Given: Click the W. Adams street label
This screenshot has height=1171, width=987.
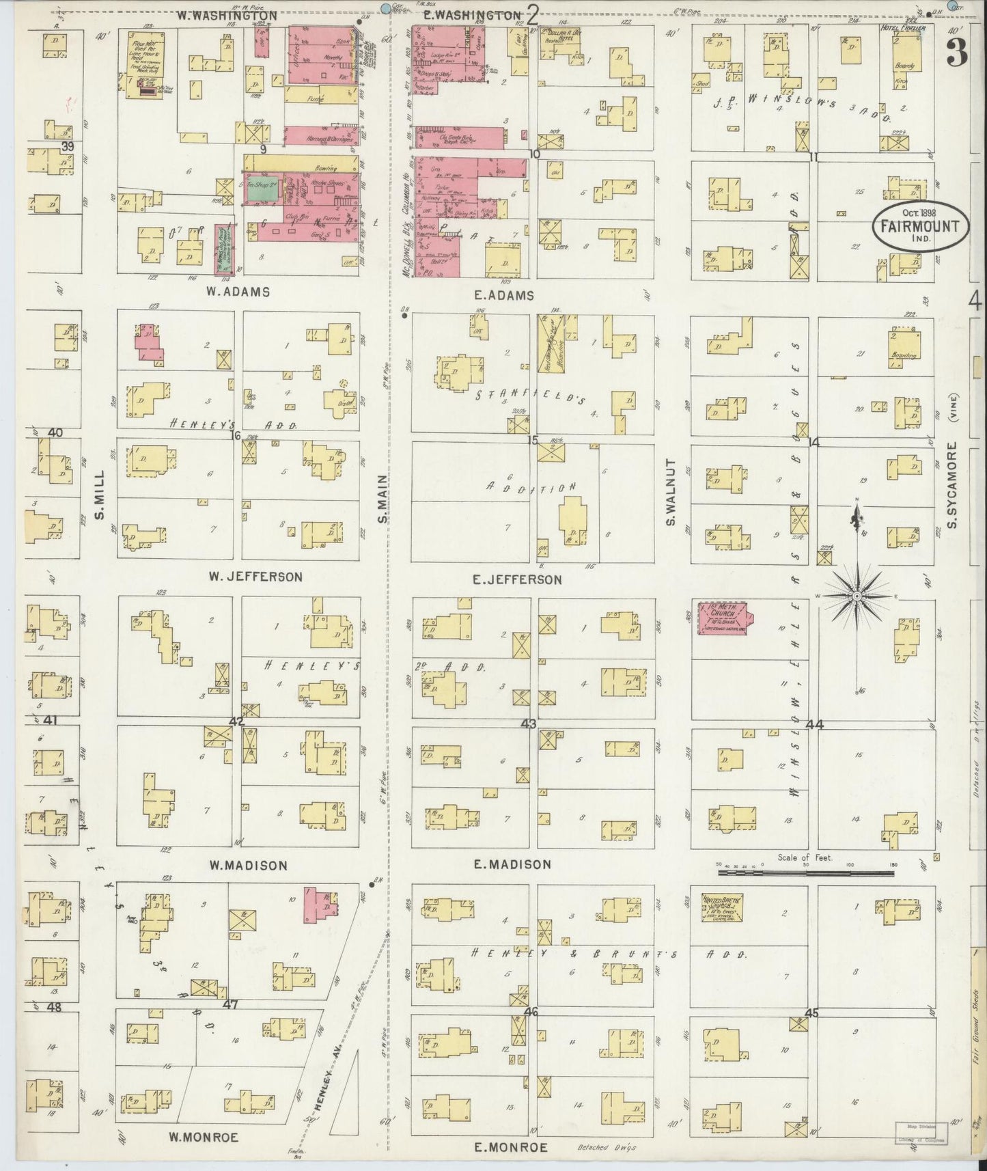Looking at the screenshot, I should point(238,292).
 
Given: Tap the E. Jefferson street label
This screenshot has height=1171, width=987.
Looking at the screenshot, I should point(517,579).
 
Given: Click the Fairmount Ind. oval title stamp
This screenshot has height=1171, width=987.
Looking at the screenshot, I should point(919,226).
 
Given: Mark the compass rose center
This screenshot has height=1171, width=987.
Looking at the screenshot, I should point(857,596).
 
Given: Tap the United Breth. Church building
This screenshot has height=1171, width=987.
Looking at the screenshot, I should point(723,907).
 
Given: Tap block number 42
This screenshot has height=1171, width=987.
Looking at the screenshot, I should point(237,721).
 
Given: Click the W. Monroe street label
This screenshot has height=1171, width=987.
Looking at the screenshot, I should point(204,1138).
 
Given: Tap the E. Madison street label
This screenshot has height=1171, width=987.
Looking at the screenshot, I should point(512,864).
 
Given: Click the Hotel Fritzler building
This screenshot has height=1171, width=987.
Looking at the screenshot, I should point(908,58).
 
